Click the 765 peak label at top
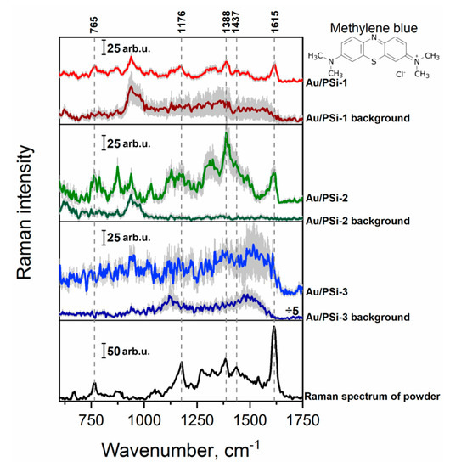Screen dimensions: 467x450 94,23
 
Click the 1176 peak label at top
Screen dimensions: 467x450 181,21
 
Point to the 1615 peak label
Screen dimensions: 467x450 274,21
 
